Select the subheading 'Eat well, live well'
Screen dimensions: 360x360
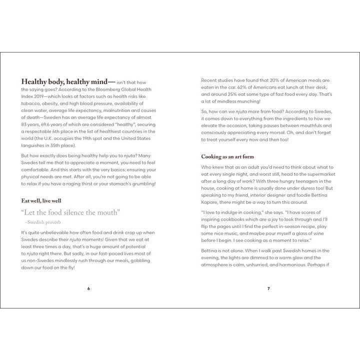pos(41,200)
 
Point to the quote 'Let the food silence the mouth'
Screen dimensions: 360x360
pos(70,212)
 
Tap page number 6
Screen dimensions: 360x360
pos(88,288)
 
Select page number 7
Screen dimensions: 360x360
pos(268,288)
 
